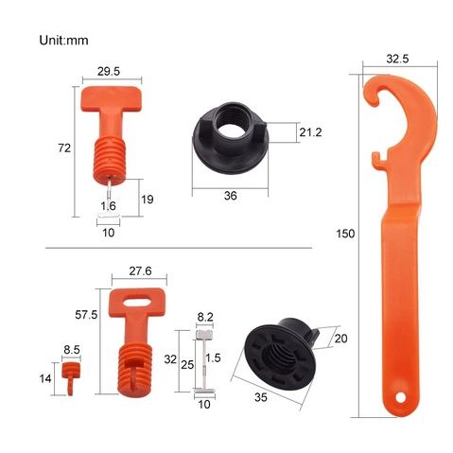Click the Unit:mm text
click(x=63, y=41)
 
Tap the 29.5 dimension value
click(x=109, y=71)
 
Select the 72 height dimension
click(x=64, y=148)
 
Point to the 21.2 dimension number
click(x=310, y=132)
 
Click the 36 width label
click(x=231, y=196)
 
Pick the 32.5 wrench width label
click(x=397, y=59)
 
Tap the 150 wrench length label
click(x=345, y=234)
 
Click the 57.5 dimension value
click(x=86, y=315)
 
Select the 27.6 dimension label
click(x=140, y=271)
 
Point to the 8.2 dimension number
click(x=205, y=317)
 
